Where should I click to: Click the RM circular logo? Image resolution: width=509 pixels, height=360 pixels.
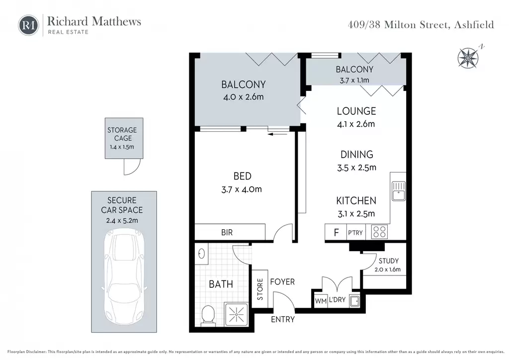click(x=28, y=25)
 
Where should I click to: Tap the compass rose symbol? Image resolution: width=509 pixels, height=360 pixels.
click(x=468, y=58)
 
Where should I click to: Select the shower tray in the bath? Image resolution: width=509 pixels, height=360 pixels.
click(x=236, y=314)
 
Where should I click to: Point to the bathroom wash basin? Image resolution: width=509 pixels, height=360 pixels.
click(x=201, y=254)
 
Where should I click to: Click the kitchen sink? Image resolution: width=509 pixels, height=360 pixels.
click(x=398, y=191)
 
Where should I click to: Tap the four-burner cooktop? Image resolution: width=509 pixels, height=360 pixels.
click(x=379, y=232)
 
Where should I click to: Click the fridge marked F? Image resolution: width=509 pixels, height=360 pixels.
click(x=336, y=232)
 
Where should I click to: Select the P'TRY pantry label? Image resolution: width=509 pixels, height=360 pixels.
click(x=355, y=233)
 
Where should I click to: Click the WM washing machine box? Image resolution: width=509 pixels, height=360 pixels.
click(x=321, y=301)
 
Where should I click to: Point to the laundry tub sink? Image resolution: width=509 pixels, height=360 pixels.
click(x=354, y=301)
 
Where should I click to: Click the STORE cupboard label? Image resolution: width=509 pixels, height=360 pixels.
click(x=260, y=289)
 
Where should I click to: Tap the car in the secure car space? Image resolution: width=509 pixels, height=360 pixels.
click(x=124, y=276)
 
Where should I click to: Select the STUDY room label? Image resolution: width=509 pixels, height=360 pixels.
click(x=389, y=261)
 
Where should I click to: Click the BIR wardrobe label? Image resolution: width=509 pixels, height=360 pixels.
click(x=227, y=232)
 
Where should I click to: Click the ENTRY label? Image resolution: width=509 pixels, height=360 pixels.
click(x=283, y=319)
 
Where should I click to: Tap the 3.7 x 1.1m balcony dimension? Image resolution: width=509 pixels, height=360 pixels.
click(x=354, y=80)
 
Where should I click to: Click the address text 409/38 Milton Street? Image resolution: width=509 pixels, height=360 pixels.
click(x=399, y=25)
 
